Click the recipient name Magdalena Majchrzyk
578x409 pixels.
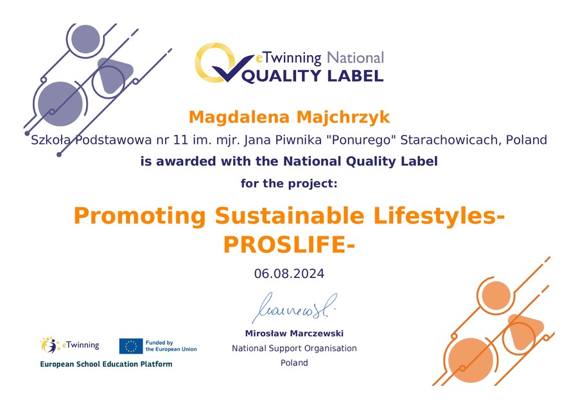pyautogui.click(x=289, y=117)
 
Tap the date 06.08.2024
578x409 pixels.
pyautogui.click(x=289, y=274)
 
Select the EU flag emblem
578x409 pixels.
pyautogui.click(x=131, y=346)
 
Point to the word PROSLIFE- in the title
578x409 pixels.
pyautogui.click(x=289, y=245)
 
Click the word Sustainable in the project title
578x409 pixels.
pyautogui.click(x=290, y=216)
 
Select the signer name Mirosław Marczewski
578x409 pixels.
pyautogui.click(x=294, y=333)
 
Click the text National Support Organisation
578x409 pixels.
pyautogui.click(x=294, y=348)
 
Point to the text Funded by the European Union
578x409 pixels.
pyautogui.click(x=171, y=346)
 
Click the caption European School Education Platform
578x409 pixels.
pyautogui.click(x=106, y=365)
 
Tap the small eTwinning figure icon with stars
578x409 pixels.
pyautogui.click(x=50, y=345)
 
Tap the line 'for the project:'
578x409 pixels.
pyautogui.click(x=289, y=183)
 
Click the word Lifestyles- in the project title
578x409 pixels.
pyautogui.click(x=439, y=216)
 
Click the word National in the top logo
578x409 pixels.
pyautogui.click(x=355, y=58)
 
